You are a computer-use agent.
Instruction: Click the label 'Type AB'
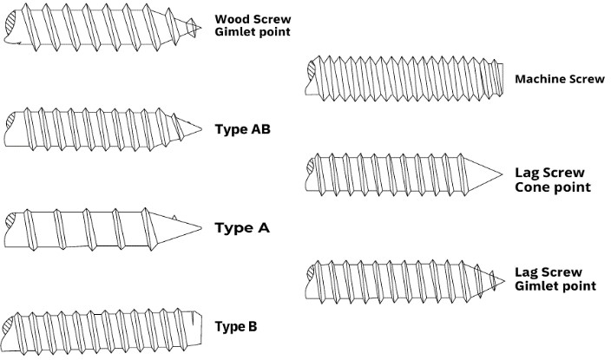point(242,129)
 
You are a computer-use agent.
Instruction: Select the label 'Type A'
point(242,228)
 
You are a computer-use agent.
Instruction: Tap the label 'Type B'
point(235,327)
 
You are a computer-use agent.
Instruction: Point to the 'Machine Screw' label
point(560,79)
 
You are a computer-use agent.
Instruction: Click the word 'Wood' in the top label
point(231,18)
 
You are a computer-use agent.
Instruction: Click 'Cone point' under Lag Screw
point(553,187)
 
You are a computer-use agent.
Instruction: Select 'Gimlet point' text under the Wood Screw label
point(252,32)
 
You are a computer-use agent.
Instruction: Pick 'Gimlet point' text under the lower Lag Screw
point(555,286)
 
